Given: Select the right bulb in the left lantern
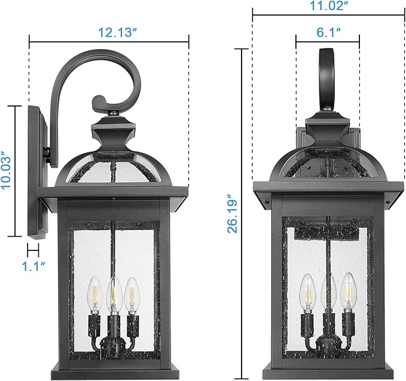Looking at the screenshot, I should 130,292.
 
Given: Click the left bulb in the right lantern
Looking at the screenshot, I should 307,289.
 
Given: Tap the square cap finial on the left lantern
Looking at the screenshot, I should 114,129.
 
